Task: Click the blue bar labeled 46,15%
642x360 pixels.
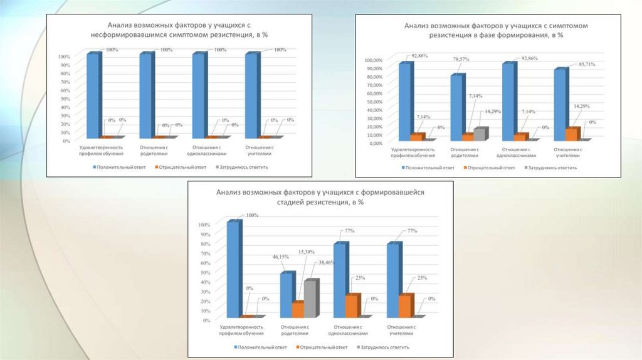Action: click(x=287, y=294)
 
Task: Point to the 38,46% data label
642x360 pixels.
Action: click(x=325, y=262)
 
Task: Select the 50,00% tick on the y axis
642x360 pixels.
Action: click(x=372, y=102)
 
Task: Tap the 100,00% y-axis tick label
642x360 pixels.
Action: click(x=371, y=60)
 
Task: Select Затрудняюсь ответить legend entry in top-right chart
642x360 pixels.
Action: click(x=552, y=167)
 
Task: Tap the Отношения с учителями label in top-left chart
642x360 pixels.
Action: click(x=260, y=151)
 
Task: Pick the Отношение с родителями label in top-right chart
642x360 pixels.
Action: click(x=465, y=152)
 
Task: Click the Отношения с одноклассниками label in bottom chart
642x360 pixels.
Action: click(x=350, y=330)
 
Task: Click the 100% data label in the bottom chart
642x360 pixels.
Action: click(x=252, y=215)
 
